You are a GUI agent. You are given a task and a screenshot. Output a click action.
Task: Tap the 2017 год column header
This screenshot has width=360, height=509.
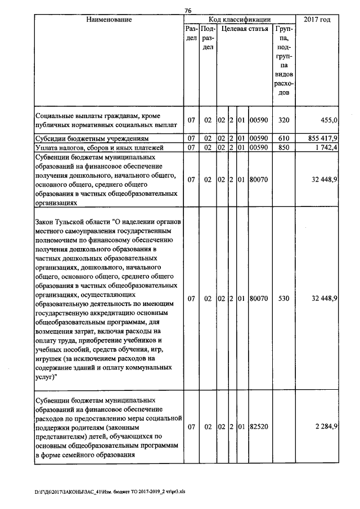[x=317, y=20]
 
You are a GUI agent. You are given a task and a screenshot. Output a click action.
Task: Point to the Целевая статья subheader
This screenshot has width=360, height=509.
[x=244, y=28]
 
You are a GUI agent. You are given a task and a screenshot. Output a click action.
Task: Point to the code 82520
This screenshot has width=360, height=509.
[x=259, y=427]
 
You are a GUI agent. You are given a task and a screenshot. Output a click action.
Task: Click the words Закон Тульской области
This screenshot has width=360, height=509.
[x=73, y=222]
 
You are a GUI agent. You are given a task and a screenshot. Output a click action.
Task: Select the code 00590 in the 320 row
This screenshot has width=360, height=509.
[x=259, y=120]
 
